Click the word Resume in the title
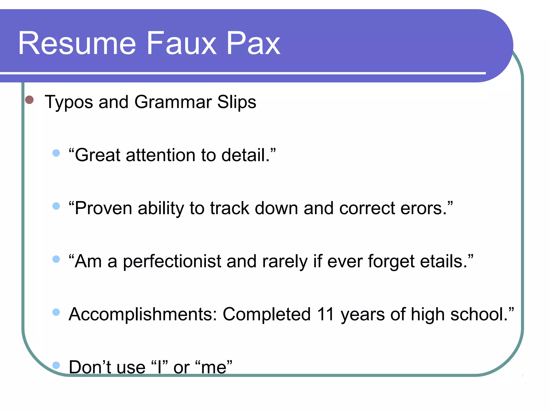click(77, 43)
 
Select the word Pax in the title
click(253, 43)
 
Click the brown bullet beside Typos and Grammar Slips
click(29, 100)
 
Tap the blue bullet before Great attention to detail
click(56, 153)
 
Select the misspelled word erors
click(423, 208)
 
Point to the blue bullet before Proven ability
click(56, 206)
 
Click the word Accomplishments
click(143, 314)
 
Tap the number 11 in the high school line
click(325, 314)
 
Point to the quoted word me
click(214, 367)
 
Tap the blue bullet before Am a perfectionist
click(56, 259)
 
